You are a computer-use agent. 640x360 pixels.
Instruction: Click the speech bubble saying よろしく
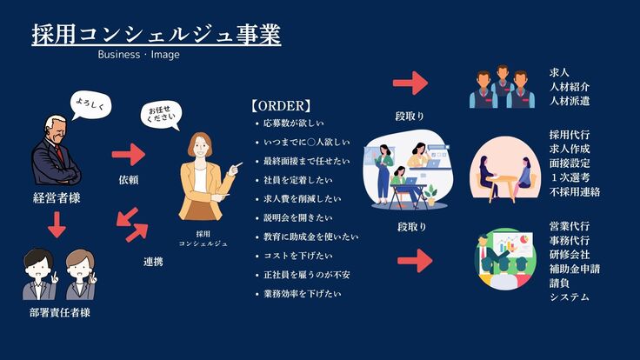(90, 104)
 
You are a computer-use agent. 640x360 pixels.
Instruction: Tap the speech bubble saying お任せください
(161, 115)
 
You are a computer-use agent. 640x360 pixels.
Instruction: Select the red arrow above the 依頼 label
(129, 154)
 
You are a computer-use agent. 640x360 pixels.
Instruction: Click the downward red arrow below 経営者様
(57, 224)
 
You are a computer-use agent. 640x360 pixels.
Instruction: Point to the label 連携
(153, 262)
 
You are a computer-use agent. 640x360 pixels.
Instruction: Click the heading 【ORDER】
(281, 106)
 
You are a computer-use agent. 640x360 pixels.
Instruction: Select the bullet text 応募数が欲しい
(293, 123)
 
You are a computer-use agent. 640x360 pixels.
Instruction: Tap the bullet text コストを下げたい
(298, 256)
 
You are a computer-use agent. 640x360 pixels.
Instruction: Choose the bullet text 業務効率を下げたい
(302, 294)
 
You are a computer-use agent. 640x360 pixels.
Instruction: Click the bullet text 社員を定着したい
(298, 180)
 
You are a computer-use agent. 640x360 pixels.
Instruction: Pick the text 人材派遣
(570, 101)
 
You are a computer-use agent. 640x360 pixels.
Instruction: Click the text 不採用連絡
(575, 191)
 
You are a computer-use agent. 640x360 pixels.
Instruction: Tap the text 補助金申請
(575, 269)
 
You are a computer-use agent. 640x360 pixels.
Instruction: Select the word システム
(570, 297)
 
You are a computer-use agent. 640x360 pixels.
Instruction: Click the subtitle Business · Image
(139, 55)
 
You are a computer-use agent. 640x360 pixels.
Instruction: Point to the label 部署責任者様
(60, 313)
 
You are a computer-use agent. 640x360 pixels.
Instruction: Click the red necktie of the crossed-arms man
(60, 153)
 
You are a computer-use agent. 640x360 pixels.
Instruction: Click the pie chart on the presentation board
(526, 237)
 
